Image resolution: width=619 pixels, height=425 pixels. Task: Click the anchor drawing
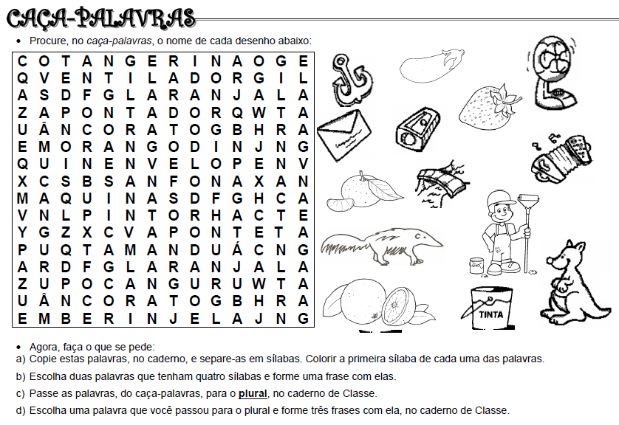click(x=352, y=81)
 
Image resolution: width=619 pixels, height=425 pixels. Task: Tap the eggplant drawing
click(x=431, y=66)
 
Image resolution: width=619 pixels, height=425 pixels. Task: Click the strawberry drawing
click(x=490, y=108)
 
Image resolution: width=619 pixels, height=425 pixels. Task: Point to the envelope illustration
click(x=343, y=135)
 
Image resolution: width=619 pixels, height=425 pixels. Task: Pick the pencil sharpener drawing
click(x=417, y=129)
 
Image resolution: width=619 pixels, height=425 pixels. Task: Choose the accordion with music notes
click(x=562, y=157)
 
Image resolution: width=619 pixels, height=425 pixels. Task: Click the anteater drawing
click(x=382, y=245)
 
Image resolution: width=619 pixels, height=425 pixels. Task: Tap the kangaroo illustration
click(x=575, y=284)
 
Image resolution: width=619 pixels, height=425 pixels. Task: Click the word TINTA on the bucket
click(x=491, y=314)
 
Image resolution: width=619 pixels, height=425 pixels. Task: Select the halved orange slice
click(x=398, y=305)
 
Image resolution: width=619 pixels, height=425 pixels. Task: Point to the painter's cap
click(x=500, y=198)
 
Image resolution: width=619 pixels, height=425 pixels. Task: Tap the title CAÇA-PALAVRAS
click(x=101, y=18)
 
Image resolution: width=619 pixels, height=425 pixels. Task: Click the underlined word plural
click(x=253, y=393)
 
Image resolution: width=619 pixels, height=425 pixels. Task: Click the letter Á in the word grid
click(x=237, y=249)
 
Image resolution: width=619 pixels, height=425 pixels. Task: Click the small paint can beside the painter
click(x=477, y=266)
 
